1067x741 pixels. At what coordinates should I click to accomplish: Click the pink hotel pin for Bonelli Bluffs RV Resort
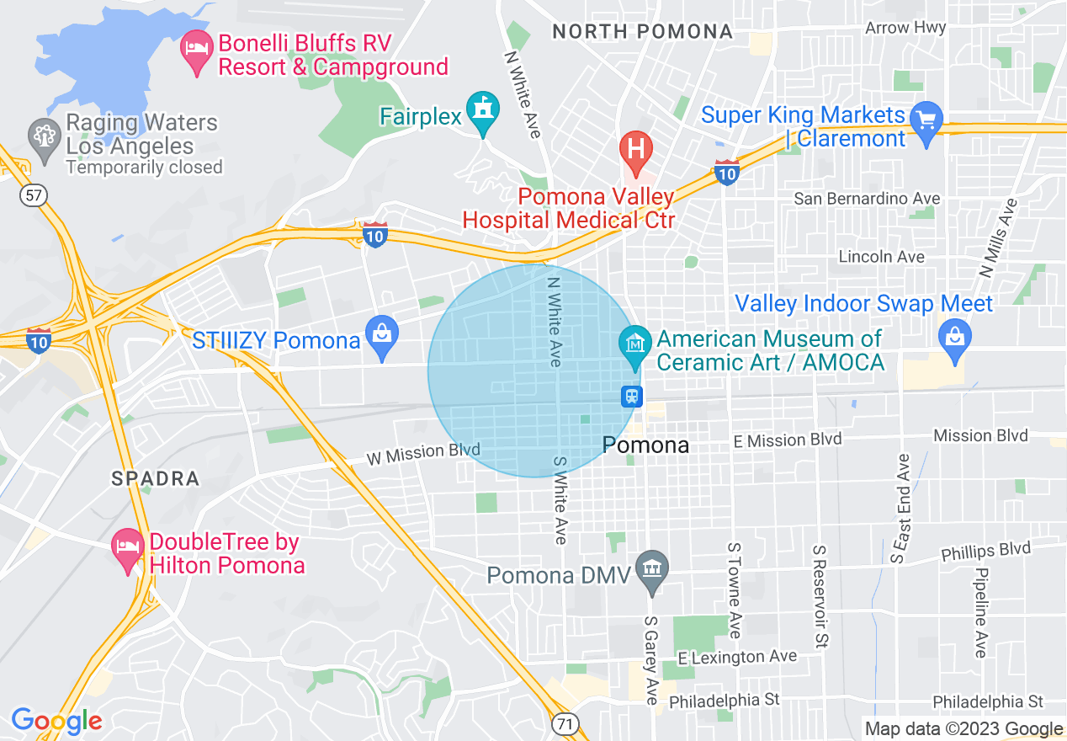(196, 50)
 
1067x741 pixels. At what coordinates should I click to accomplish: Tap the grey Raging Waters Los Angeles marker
(43, 135)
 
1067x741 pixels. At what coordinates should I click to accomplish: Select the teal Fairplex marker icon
(483, 112)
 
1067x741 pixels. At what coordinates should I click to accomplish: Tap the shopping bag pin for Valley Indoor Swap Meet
(955, 339)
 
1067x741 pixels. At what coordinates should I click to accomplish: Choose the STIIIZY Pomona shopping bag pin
(382, 336)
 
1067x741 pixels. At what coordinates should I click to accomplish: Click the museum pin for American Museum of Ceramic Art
(636, 344)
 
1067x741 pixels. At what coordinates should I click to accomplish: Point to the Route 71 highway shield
(565, 722)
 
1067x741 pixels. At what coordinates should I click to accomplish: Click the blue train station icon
(632, 396)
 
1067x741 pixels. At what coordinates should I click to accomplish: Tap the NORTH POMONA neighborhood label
(642, 32)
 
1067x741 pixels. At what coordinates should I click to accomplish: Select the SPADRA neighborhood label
(156, 479)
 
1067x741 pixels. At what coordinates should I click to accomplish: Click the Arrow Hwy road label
(905, 28)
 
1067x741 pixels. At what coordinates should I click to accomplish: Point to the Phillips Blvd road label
(985, 551)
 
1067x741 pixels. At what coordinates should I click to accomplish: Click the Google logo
(56, 721)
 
